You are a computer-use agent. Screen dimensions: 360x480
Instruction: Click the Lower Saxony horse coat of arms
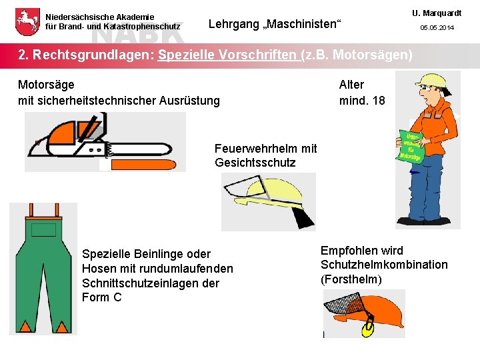tap(27, 21)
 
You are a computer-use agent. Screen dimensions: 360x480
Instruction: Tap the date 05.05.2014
tap(437, 27)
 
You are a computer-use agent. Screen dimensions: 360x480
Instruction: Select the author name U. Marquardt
tap(437, 13)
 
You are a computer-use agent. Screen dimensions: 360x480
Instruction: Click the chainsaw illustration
tap(103, 141)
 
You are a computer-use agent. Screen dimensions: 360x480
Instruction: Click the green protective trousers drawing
tap(43, 267)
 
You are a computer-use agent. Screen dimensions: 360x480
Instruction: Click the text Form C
tap(101, 297)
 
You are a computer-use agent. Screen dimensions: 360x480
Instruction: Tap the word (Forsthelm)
tap(351, 279)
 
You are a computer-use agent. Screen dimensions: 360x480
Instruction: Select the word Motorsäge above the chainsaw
tap(46, 85)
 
